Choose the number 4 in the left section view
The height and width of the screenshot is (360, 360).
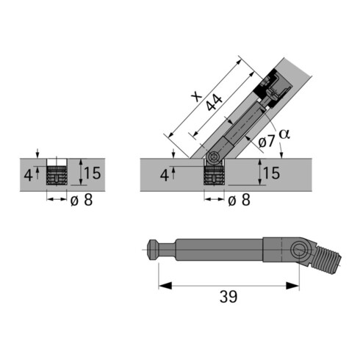[28, 175]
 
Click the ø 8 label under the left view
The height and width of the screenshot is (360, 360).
[80, 201]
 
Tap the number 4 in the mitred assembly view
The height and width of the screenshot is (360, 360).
[163, 175]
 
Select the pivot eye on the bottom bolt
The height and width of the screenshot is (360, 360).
[299, 252]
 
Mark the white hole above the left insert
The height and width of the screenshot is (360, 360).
[57, 162]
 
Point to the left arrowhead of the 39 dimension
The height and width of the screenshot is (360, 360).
[161, 284]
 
